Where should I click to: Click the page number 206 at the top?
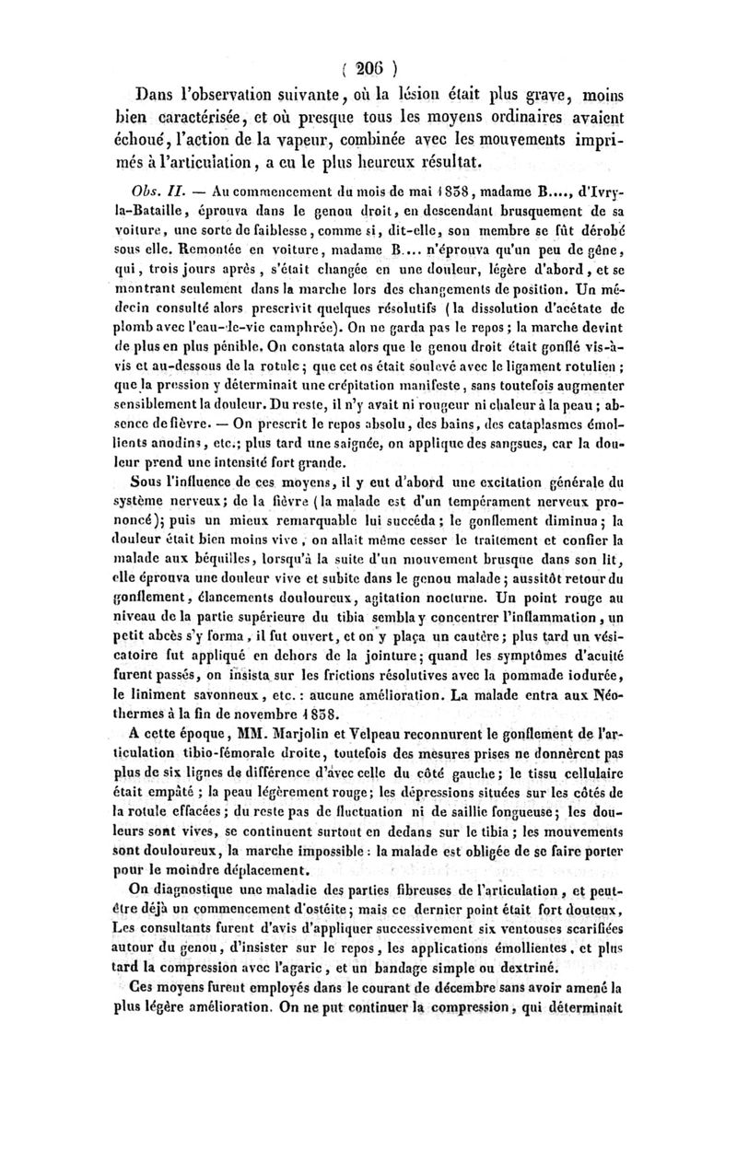tap(368, 67)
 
